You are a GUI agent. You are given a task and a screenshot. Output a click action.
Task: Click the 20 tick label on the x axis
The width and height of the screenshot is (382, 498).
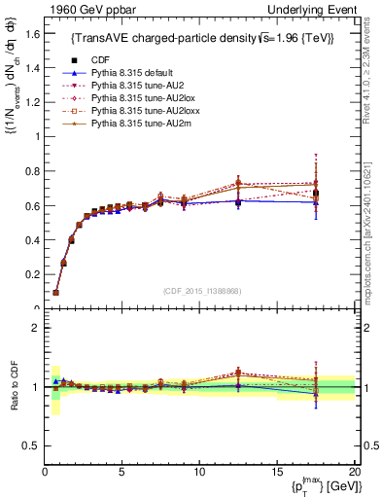pos(354,472)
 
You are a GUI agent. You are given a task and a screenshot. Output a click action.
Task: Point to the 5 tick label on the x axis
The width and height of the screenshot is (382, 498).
pos(122,472)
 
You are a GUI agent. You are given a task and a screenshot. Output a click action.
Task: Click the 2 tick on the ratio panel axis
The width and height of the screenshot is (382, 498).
pos(33,328)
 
